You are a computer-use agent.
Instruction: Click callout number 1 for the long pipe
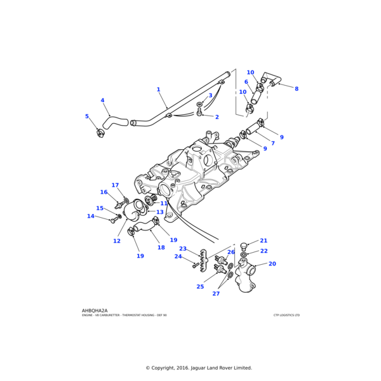[x=159, y=90]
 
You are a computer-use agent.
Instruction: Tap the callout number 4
[x=102, y=100]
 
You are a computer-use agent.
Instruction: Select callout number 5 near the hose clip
[x=87, y=116]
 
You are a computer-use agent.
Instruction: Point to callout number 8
[x=296, y=89]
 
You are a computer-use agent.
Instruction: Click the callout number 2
[x=217, y=117]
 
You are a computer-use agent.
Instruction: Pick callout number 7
[x=272, y=143]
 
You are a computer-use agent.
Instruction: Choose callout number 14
[x=91, y=216]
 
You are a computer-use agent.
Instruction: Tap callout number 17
[x=115, y=185]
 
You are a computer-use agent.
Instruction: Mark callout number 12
[x=117, y=241]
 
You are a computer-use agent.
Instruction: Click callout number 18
[x=161, y=248]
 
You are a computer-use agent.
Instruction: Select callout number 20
[x=272, y=264]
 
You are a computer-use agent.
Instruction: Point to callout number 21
[x=264, y=241]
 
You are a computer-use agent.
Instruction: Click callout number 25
[x=200, y=286]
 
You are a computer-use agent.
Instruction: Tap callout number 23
[x=183, y=248]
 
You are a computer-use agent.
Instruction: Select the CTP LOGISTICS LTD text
[x=286, y=315]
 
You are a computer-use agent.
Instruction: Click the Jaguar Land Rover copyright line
[x=199, y=368]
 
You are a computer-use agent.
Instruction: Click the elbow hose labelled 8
[x=272, y=79]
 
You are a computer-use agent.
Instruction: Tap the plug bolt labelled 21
[x=244, y=245]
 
